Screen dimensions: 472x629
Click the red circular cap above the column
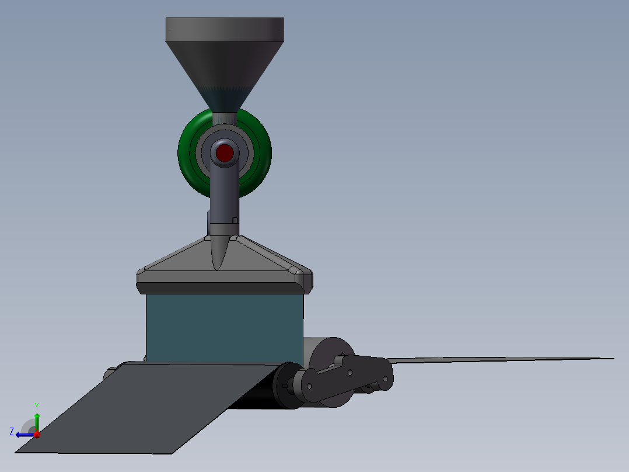[x=225, y=153]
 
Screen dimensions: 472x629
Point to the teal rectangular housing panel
[x=224, y=327]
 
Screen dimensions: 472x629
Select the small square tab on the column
[x=235, y=220]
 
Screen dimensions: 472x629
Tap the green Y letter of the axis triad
[x=36, y=405]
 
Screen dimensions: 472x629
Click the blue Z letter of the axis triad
[x=12, y=432]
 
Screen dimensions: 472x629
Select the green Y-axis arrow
[x=37, y=421]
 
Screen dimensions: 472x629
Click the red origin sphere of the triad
[x=37, y=434]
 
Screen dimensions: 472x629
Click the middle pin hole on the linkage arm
[x=350, y=372]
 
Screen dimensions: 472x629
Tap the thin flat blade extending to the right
[x=496, y=359]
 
